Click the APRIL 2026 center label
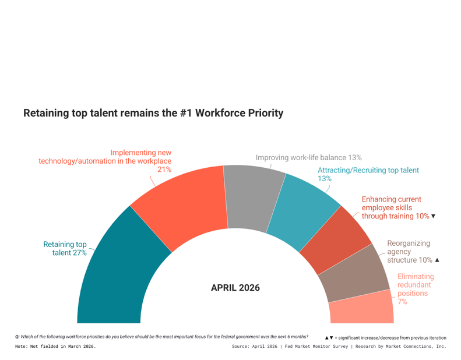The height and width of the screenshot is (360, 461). coord(235,287)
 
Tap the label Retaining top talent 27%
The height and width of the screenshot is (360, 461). coord(65,249)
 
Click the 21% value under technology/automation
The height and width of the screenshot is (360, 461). coord(164,170)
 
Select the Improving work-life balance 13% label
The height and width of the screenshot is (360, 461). coord(309,158)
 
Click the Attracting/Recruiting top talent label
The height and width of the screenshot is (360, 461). coord(368,174)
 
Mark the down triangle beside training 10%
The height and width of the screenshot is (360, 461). coord(433,216)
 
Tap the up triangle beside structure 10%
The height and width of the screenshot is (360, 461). coord(437,260)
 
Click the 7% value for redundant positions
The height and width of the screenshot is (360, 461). coord(402,302)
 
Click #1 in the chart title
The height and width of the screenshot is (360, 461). coord(185,113)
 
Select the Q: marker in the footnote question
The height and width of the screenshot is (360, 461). coord(17,337)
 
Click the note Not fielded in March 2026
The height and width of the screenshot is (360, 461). coord(55,347)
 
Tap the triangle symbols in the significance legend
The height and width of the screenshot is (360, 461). coord(329,338)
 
